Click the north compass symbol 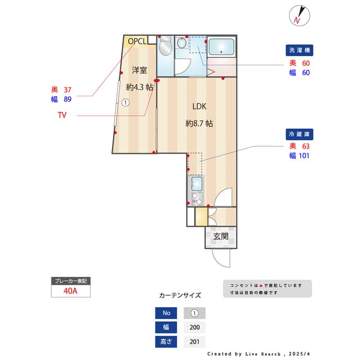(x=299, y=15)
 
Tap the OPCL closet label (x=137, y=41)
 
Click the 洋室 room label (x=139, y=70)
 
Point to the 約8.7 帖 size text (x=199, y=123)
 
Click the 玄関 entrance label (x=220, y=236)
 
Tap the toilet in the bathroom (x=165, y=47)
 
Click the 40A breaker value (x=70, y=291)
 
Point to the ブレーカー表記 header (x=70, y=281)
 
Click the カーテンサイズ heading (x=180, y=295)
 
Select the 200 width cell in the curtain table (x=195, y=327)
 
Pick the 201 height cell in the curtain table (x=195, y=341)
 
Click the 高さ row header (x=166, y=341)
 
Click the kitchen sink (x=196, y=184)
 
